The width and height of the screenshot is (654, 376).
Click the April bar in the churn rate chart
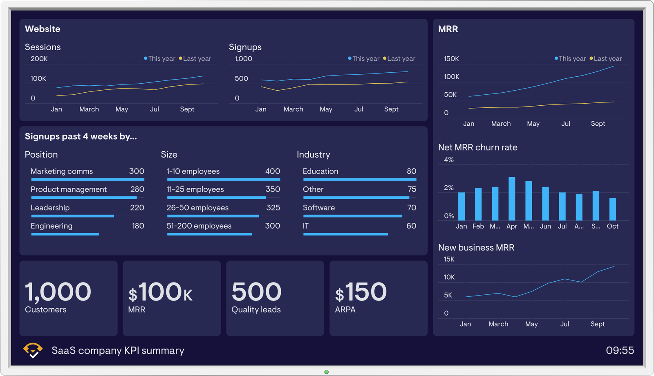[x=512, y=199]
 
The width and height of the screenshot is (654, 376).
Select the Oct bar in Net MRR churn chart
[x=612, y=209]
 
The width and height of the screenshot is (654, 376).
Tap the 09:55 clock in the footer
[x=620, y=350]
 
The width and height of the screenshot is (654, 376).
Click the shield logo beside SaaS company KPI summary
[x=33, y=350]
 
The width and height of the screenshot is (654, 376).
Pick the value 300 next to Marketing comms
[x=137, y=171]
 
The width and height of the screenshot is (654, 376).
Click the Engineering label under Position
[x=52, y=226]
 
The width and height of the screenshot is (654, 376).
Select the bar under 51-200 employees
[x=209, y=234]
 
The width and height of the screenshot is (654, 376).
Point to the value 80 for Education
[x=411, y=171]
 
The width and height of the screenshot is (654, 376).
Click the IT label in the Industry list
[x=306, y=226]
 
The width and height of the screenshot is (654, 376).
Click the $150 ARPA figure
[x=361, y=292]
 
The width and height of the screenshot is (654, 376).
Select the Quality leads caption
[x=256, y=309]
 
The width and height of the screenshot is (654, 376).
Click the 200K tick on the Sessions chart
[x=39, y=59]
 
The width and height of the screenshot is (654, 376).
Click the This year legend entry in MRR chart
[x=571, y=58]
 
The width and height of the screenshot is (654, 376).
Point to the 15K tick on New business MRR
[x=449, y=259]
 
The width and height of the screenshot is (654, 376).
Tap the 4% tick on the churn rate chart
[x=449, y=160]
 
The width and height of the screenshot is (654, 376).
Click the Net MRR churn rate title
[x=477, y=147]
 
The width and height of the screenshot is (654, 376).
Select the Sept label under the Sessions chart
[x=187, y=109]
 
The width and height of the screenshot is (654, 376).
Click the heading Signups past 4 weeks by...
[x=81, y=136]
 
